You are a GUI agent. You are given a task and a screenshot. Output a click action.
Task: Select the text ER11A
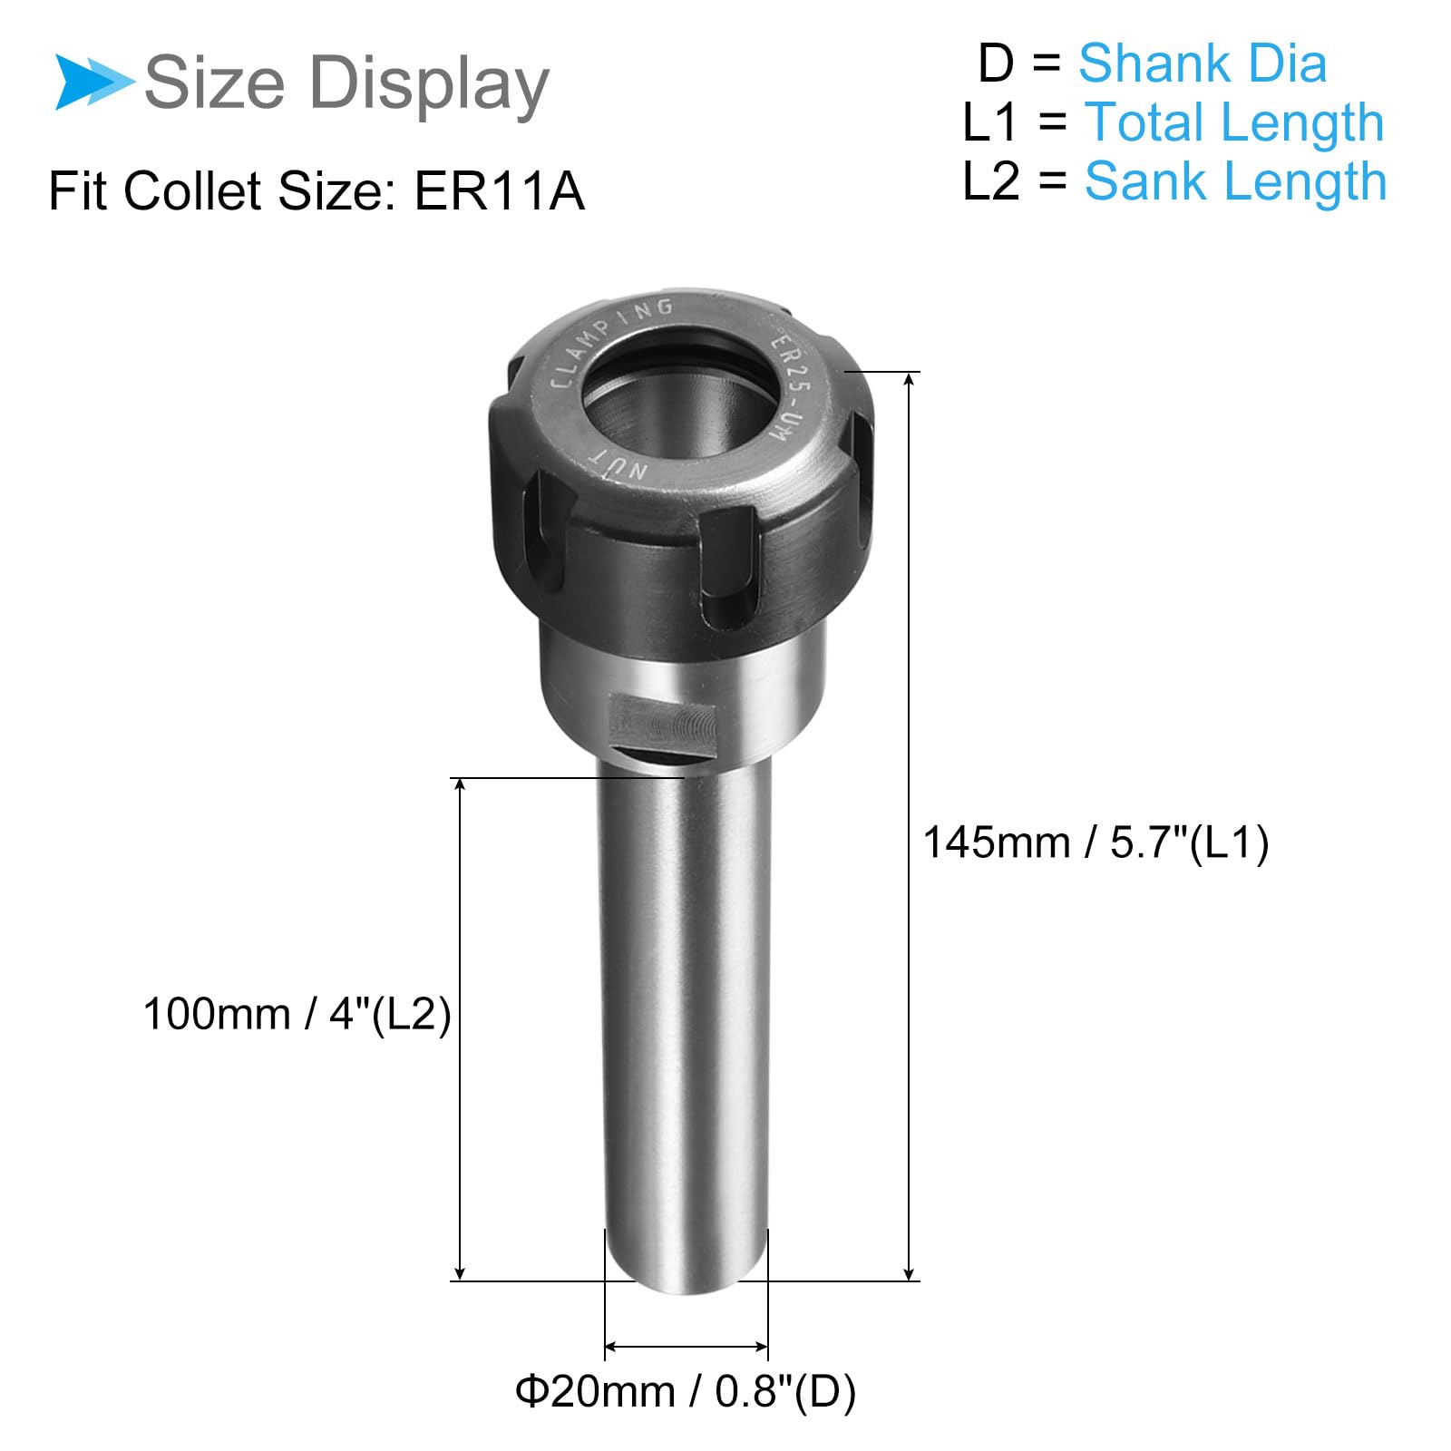pyautogui.click(x=499, y=191)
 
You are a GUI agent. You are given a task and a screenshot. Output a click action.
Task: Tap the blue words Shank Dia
pyautogui.click(x=1203, y=64)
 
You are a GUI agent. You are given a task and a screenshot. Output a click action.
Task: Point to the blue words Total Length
pyautogui.click(x=1234, y=123)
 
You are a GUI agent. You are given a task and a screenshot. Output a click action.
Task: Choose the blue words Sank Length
pyautogui.click(x=1235, y=182)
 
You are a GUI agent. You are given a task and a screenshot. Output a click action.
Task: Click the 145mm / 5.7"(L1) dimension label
pyautogui.click(x=1096, y=842)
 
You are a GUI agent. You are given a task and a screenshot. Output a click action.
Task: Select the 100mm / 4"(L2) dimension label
pyautogui.click(x=297, y=1013)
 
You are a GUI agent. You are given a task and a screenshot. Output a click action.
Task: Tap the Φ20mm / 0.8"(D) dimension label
pyautogui.click(x=686, y=1390)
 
